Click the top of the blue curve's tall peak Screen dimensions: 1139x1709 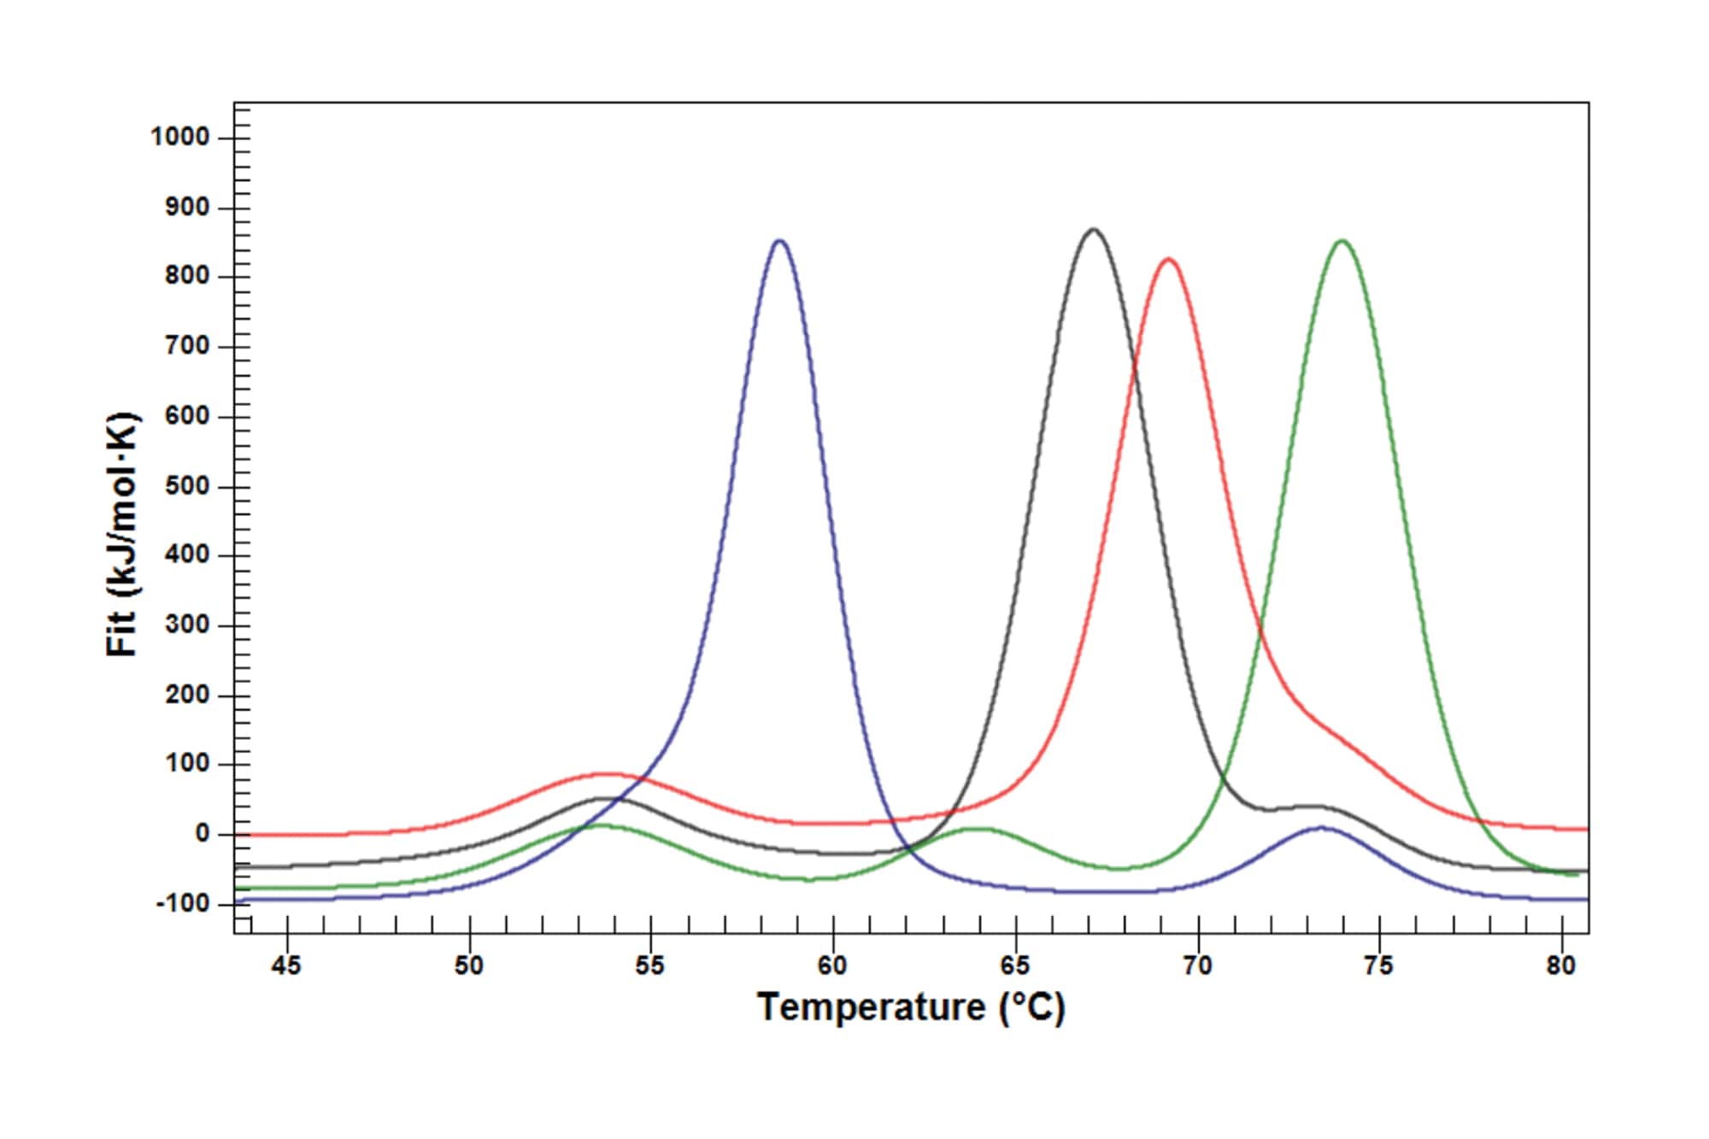click(779, 241)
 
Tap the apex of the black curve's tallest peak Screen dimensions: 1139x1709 click(1093, 229)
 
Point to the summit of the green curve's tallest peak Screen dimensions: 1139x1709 click(1342, 241)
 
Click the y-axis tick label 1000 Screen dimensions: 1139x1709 click(180, 137)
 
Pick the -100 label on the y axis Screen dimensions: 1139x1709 click(183, 903)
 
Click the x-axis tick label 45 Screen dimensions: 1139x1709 click(286, 966)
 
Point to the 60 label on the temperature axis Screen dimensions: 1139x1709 click(832, 966)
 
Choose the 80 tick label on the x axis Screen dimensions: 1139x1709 click(1560, 966)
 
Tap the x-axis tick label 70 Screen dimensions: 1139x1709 click(1197, 966)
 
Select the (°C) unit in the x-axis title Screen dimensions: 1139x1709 click(1031, 1007)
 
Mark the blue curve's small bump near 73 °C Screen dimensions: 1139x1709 click(1321, 827)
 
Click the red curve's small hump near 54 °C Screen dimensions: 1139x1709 click(605, 774)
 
